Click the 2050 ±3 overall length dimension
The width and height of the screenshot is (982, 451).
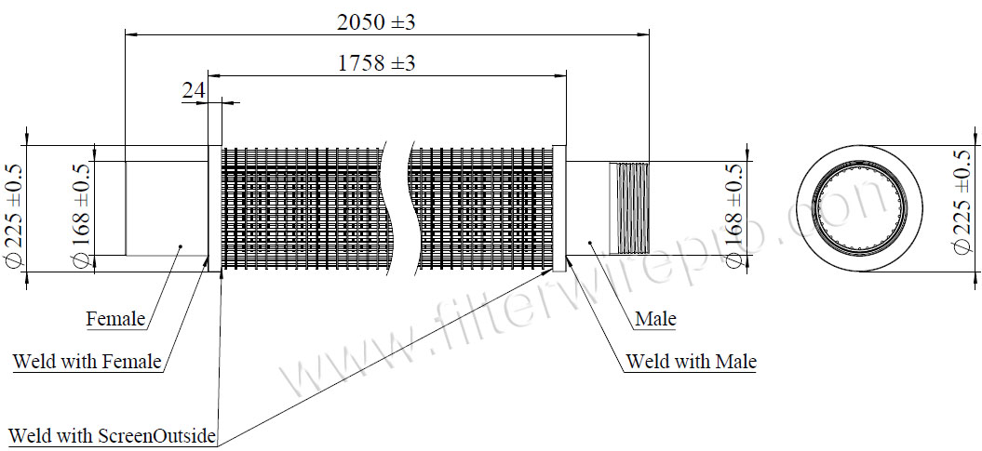click(376, 22)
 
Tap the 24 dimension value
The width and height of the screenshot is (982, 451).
click(193, 90)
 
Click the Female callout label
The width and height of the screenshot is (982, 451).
click(115, 320)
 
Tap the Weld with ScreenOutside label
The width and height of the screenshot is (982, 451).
click(113, 435)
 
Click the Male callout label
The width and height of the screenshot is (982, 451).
click(655, 320)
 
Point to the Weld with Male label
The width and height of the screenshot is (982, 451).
click(691, 361)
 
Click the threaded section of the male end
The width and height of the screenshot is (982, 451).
click(628, 207)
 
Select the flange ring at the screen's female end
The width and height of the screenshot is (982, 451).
click(215, 207)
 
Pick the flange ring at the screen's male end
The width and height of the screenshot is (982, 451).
click(559, 207)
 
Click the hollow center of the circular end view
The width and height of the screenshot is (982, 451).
click(859, 208)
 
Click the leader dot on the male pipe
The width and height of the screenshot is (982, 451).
click(590, 242)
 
